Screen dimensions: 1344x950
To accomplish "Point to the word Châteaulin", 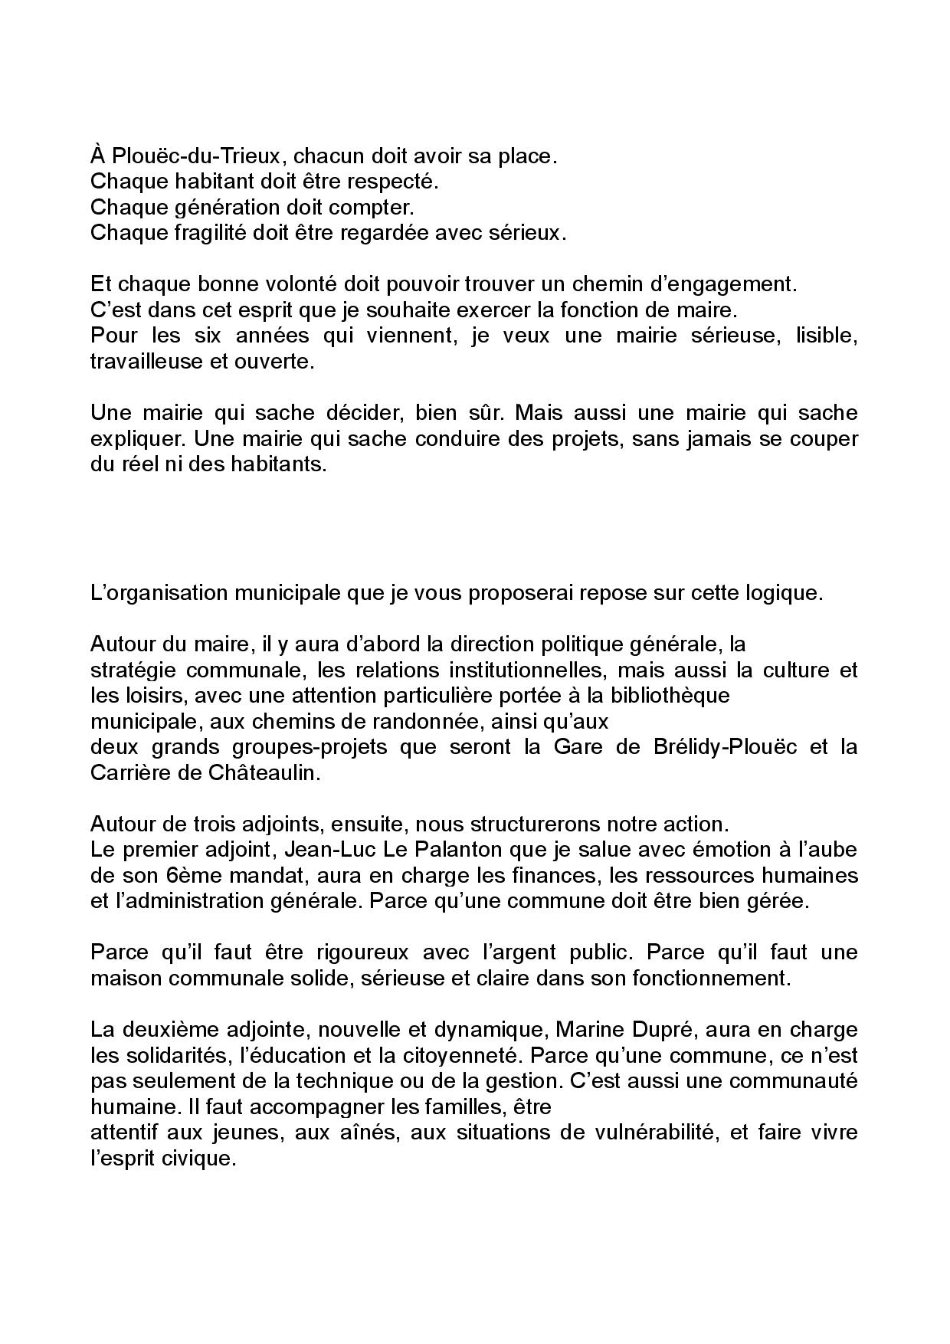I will pos(258,772).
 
